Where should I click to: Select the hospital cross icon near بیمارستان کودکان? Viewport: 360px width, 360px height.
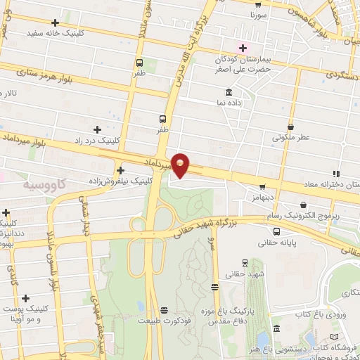pyautogui.click(x=243, y=48)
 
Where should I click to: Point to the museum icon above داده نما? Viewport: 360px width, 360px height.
pyautogui.click(x=229, y=92)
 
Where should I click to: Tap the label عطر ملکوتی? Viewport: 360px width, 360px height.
pyautogui.click(x=291, y=138)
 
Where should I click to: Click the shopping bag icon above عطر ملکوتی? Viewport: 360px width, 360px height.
pyautogui.click(x=291, y=127)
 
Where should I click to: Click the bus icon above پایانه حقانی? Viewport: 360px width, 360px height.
pyautogui.click(x=276, y=231)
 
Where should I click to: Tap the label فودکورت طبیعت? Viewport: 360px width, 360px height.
pyautogui.click(x=165, y=319)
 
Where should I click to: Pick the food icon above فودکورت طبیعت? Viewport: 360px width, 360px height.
pyautogui.click(x=165, y=309)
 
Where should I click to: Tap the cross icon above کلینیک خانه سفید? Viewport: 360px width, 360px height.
pyautogui.click(x=54, y=22)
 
